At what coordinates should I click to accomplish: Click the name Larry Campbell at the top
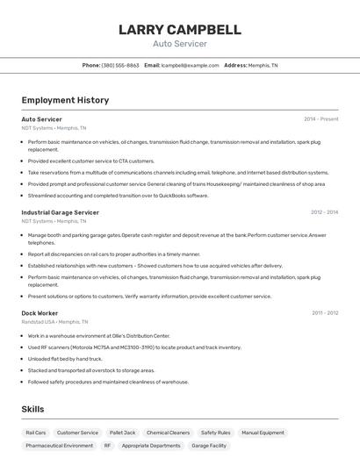click(179, 30)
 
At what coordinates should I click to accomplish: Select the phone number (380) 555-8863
click(120, 65)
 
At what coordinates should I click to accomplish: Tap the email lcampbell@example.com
click(191, 65)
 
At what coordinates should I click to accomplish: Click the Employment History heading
click(65, 100)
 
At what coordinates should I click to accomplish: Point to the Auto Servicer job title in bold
click(41, 118)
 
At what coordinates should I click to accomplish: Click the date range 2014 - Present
click(320, 118)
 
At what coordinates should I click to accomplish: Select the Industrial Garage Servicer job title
click(60, 212)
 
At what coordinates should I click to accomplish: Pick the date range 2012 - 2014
click(324, 212)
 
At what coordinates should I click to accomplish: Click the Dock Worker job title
click(40, 312)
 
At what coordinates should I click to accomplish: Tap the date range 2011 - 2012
click(324, 312)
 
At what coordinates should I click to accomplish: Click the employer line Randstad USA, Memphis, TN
click(56, 321)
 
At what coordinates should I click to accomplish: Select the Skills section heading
click(32, 409)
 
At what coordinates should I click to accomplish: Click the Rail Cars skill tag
click(36, 433)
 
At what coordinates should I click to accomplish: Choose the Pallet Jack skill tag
click(122, 433)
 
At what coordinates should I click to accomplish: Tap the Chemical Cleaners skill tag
click(168, 433)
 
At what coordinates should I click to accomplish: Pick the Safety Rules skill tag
click(215, 433)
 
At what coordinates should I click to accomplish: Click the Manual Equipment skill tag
click(263, 433)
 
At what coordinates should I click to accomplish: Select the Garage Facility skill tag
click(209, 446)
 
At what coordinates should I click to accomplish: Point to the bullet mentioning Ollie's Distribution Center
click(98, 335)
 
